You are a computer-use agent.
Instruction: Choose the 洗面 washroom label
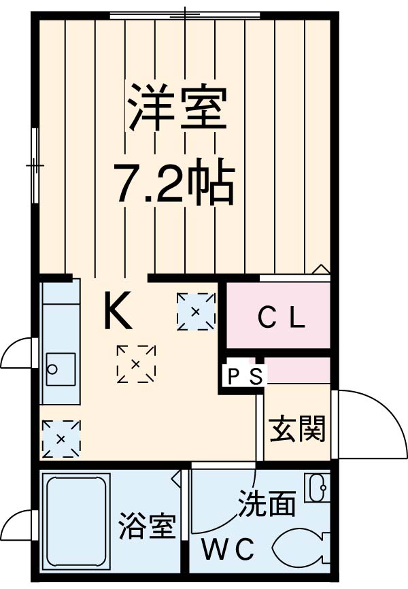coord(267,504)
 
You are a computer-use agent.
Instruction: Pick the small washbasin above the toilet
coord(316,488)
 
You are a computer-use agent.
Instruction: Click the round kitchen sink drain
coord(54,370)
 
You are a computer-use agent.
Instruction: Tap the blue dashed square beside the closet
coord(196,312)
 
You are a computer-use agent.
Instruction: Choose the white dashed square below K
coord(136,364)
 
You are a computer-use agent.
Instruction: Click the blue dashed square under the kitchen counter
coord(61,439)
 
